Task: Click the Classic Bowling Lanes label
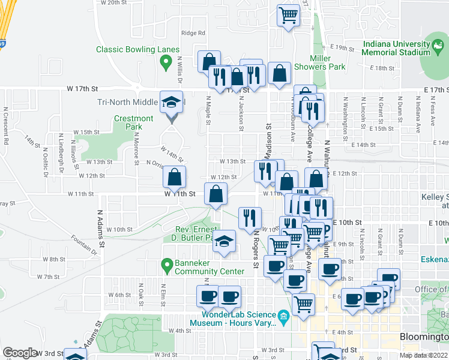tap(137, 50)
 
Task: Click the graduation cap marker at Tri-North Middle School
tap(172, 101)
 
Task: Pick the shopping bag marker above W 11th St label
tap(174, 177)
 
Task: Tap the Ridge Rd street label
tap(193, 33)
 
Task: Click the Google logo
tap(20, 353)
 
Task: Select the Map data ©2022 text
tap(423, 355)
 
